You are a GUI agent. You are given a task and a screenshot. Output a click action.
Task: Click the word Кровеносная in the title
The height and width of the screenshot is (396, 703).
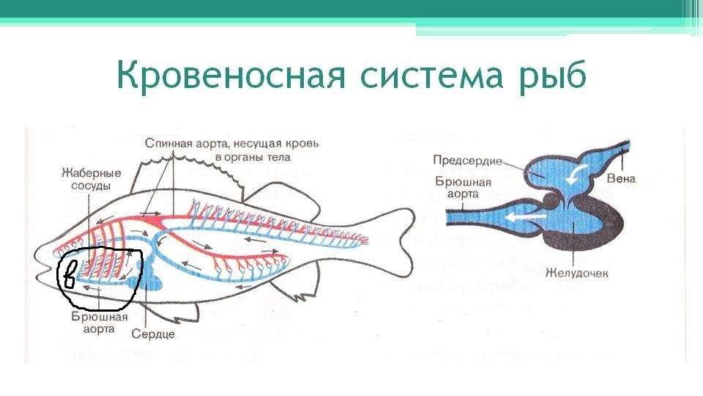[231, 74]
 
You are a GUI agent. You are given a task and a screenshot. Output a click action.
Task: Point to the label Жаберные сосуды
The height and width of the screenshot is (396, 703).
[91, 179]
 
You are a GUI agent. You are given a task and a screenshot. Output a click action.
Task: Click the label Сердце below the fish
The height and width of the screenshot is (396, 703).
[153, 334]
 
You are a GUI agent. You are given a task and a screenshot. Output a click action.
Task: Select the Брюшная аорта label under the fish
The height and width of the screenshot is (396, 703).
[99, 323]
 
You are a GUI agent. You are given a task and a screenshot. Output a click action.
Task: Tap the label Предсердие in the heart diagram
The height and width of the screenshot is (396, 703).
[467, 161]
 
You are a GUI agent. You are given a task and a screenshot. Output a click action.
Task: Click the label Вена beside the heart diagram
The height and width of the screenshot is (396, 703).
[621, 179]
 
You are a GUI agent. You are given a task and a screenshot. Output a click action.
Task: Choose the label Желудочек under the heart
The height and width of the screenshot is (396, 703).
[576, 273]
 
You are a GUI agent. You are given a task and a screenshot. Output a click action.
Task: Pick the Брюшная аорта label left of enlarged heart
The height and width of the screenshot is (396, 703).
[463, 188]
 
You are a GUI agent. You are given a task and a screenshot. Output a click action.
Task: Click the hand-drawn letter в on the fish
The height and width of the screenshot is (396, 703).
[70, 273]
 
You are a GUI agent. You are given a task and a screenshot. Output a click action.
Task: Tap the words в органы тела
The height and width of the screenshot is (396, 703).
[253, 158]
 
